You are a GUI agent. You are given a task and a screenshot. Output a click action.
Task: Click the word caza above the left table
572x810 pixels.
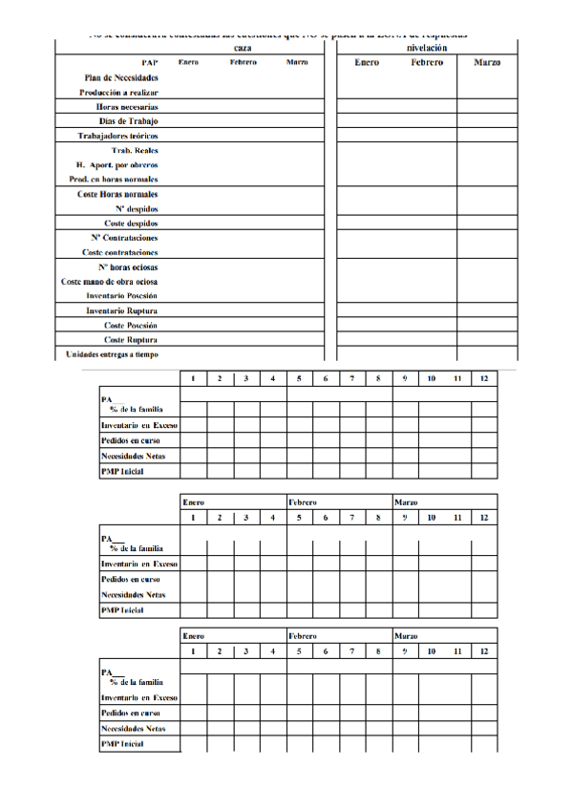coord(244,47)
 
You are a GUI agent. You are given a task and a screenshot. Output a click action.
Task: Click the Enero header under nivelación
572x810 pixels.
coord(367,62)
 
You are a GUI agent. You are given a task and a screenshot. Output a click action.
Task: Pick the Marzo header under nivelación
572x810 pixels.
coord(487,62)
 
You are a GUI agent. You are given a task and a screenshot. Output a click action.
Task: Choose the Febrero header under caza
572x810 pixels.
coord(244,62)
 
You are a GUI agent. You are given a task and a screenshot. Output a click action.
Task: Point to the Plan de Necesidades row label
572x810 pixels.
coord(121,77)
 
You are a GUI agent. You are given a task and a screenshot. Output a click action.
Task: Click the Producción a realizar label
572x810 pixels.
coord(118,93)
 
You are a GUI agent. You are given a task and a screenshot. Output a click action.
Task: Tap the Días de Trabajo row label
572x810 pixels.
coord(129,121)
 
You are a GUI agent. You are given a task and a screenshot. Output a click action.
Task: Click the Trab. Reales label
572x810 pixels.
coord(135,150)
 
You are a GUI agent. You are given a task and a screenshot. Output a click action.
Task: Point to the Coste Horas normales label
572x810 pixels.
coord(117,194)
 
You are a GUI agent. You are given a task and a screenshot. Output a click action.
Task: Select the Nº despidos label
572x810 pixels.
coord(137,208)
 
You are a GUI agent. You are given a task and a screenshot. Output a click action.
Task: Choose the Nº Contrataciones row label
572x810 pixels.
coord(125,237)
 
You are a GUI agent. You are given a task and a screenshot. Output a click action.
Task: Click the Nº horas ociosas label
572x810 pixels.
coord(128,266)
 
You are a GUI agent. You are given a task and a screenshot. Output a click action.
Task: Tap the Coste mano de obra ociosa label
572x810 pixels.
coord(110,281)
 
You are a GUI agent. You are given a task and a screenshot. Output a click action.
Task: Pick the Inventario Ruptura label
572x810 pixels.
coord(122,310)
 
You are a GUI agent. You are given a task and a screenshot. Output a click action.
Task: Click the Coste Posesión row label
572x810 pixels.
coord(131,325)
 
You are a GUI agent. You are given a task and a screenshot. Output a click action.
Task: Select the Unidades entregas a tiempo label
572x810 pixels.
coord(112,354)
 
